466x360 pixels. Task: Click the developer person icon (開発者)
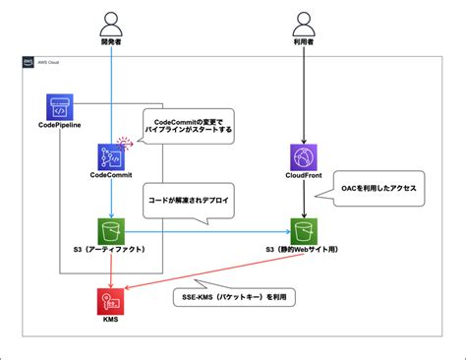click(111, 23)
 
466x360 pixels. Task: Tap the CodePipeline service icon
click(61, 106)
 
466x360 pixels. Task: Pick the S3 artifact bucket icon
click(111, 232)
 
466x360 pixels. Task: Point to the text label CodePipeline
click(61, 127)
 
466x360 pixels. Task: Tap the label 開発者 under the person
click(111, 44)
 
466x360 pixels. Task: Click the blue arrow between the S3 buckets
click(206, 232)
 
